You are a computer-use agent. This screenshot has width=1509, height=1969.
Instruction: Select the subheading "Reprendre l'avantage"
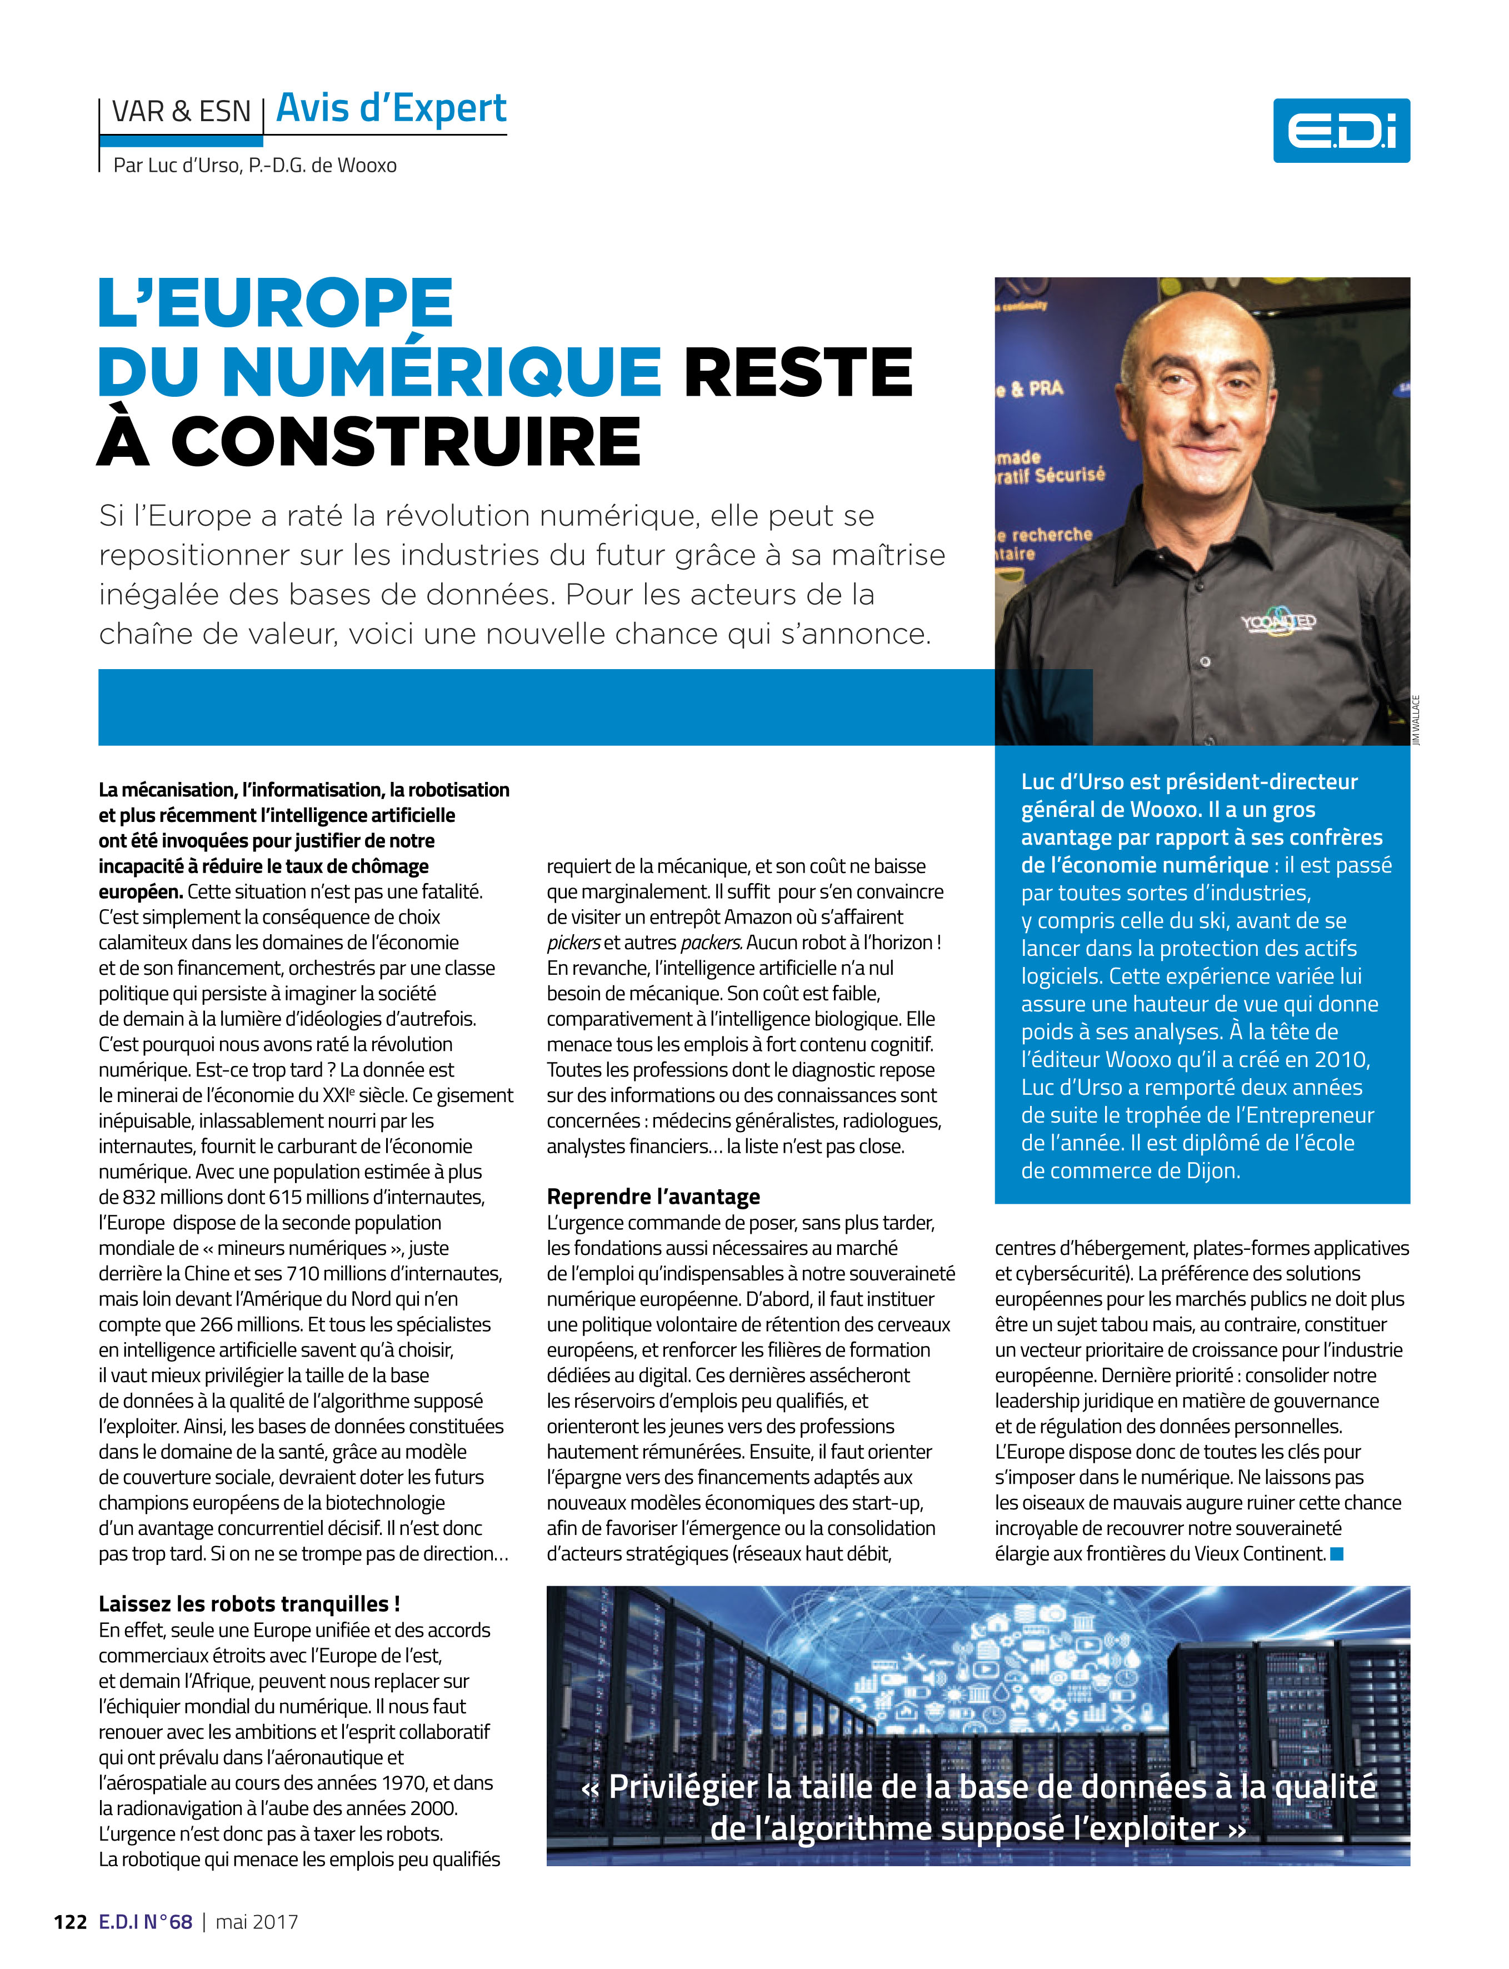[x=653, y=1197]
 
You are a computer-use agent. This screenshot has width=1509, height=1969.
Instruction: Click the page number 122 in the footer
[x=70, y=1921]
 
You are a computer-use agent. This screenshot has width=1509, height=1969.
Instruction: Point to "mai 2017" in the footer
[x=257, y=1921]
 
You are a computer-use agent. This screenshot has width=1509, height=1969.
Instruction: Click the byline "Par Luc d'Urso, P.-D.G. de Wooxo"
[x=254, y=165]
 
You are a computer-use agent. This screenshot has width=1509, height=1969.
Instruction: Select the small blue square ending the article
[x=1337, y=1553]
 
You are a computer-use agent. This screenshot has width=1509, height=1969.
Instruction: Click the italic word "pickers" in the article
[x=573, y=943]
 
